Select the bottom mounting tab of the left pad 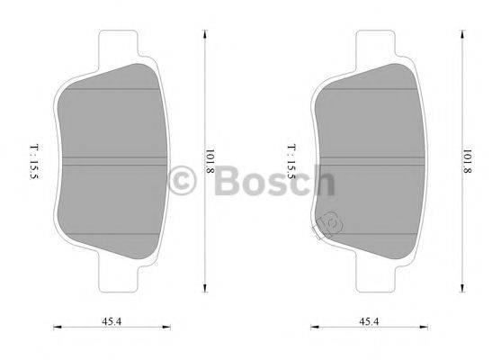coord(117,280)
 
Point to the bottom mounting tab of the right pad coord(376,280)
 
